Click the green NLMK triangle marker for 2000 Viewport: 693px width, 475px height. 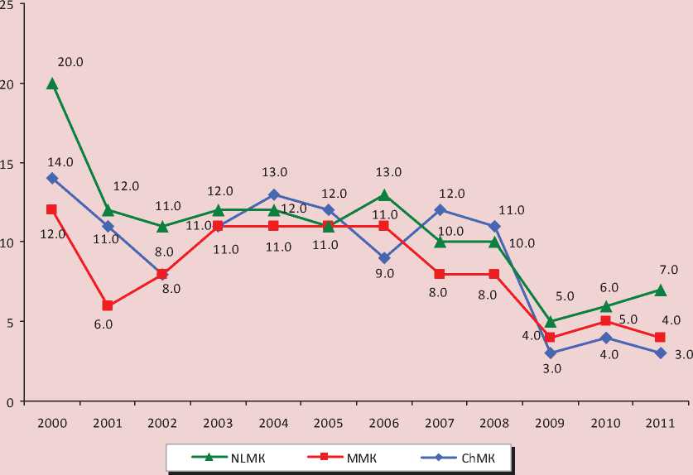52,83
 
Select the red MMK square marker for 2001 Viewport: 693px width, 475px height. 108,305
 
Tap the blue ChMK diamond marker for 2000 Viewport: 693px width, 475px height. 52,178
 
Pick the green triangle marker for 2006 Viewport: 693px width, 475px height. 384,194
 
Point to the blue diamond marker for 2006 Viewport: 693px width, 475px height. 384,257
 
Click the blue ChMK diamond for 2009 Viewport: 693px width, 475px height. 550,353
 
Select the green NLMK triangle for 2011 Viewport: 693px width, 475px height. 660,290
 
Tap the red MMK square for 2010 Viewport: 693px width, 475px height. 605,321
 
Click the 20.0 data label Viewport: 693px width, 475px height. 71,62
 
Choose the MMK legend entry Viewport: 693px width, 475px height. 340,457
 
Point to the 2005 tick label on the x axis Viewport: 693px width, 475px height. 329,423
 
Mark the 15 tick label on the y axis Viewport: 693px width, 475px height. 8,163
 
